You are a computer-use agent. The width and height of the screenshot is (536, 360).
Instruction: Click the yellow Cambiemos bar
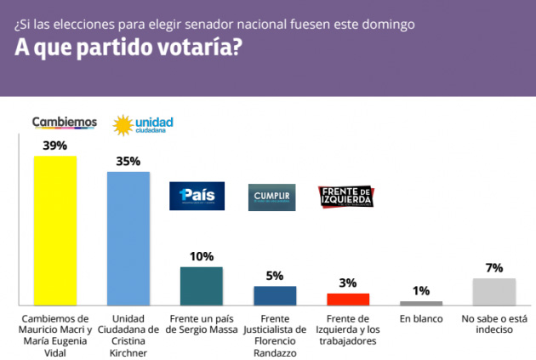[55, 230]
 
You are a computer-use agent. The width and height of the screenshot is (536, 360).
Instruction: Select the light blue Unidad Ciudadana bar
[128, 237]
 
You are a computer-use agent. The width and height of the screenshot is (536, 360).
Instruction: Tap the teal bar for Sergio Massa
[202, 285]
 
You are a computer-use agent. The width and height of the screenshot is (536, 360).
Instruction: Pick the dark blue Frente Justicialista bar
[275, 294]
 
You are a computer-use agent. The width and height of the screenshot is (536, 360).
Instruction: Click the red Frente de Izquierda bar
[348, 299]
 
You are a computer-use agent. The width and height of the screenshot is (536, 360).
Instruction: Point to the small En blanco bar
[421, 302]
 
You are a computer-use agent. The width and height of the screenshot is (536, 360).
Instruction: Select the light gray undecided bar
[494, 291]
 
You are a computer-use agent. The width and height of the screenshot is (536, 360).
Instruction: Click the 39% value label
[55, 146]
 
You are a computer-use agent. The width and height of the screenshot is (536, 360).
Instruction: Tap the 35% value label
[128, 161]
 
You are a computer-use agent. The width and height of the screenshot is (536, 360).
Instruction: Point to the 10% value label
[202, 256]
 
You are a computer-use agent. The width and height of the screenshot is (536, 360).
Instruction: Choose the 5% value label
[275, 275]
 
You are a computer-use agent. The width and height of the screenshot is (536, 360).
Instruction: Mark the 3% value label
[348, 283]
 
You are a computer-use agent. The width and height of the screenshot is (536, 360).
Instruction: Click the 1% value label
[421, 290]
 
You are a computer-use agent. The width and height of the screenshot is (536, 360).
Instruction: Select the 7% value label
[494, 267]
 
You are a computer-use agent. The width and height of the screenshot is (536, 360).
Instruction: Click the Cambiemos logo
[64, 123]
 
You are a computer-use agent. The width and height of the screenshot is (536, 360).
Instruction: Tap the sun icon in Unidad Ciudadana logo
[122, 126]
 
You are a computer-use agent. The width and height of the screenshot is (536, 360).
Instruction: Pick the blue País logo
[197, 197]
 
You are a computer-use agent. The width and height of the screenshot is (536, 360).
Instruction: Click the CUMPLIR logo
[271, 197]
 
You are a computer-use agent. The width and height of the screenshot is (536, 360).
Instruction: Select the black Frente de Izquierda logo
[345, 197]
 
